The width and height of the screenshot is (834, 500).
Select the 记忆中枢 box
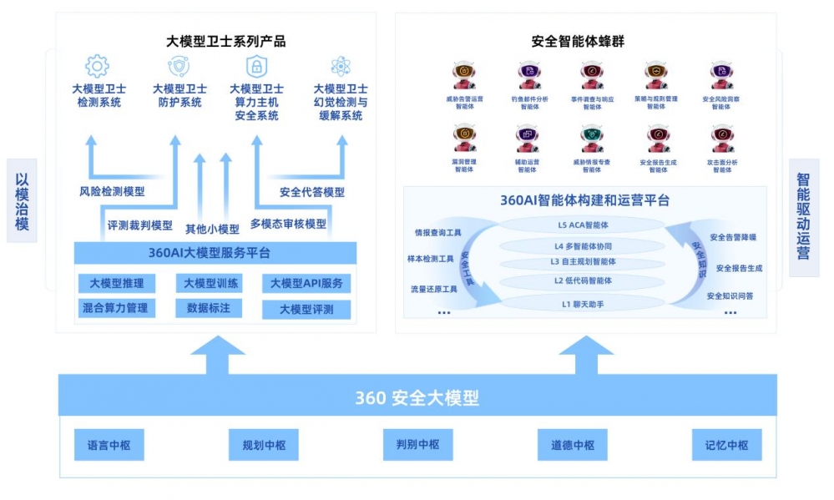tap(726, 445)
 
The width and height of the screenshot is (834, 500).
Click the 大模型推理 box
tap(117, 283)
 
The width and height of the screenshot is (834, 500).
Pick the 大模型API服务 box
tap(306, 284)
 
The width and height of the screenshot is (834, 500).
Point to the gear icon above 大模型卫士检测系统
tap(98, 66)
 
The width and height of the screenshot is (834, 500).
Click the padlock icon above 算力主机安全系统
tap(255, 66)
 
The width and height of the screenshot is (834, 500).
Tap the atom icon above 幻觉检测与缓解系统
tap(341, 66)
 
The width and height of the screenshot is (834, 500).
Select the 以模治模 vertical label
tap(23, 200)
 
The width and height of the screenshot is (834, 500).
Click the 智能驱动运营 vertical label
tap(803, 217)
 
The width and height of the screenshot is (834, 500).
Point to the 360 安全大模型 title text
tap(417, 397)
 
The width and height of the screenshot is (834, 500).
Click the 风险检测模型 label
tap(112, 191)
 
